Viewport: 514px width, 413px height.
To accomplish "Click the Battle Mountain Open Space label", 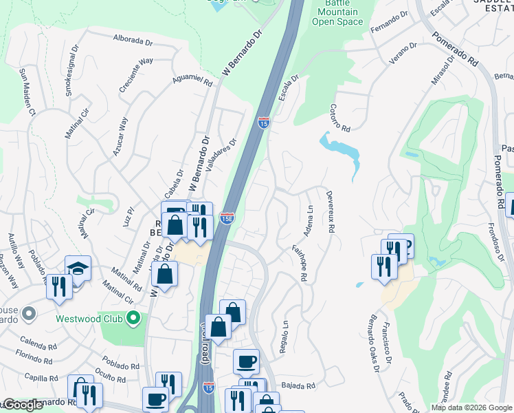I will [x=337, y=12].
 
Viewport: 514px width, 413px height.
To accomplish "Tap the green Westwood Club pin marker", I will [x=135, y=319].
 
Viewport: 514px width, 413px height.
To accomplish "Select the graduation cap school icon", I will [x=78, y=268].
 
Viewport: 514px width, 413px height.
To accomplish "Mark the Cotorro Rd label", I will [x=340, y=118].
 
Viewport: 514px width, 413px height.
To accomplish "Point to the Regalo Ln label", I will [x=283, y=337].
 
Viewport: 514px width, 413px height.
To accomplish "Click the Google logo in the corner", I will [x=22, y=405].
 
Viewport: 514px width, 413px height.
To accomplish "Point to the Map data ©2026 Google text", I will [x=471, y=407].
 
